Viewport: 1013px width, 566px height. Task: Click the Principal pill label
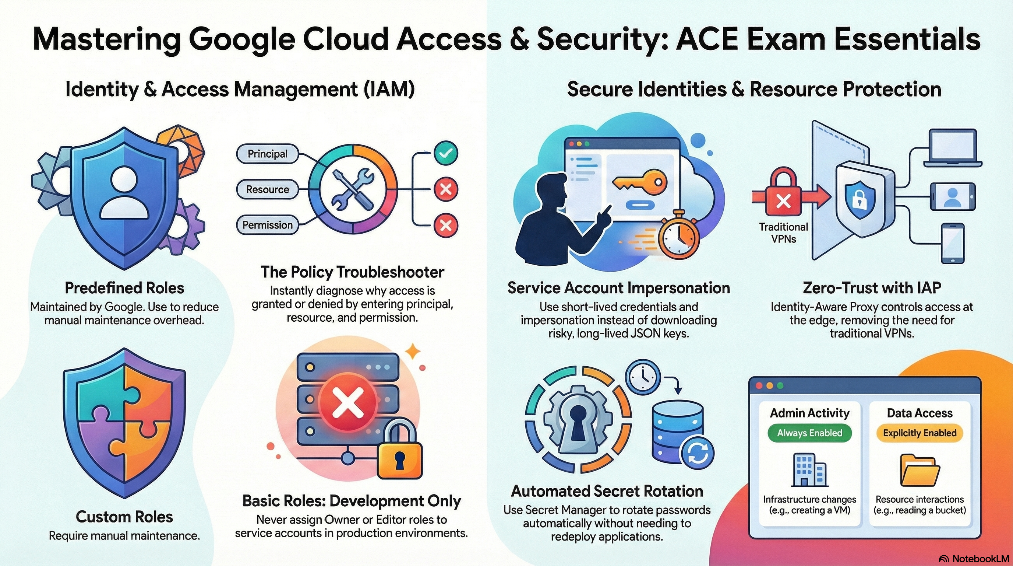(x=267, y=154)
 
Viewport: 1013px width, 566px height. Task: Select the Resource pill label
(x=267, y=189)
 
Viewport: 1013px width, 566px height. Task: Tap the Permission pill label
(x=267, y=225)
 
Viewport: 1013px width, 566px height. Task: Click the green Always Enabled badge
(x=810, y=433)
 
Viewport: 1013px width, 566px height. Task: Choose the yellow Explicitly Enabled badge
(x=920, y=433)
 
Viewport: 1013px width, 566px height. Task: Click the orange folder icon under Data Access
(x=920, y=470)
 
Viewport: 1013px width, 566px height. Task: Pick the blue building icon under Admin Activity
(x=809, y=469)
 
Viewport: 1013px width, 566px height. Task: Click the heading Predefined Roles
(x=124, y=288)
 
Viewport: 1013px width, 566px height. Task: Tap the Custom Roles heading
(x=124, y=517)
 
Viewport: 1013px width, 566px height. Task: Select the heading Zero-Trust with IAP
(x=872, y=288)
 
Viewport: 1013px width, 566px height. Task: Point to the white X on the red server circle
(x=347, y=402)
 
